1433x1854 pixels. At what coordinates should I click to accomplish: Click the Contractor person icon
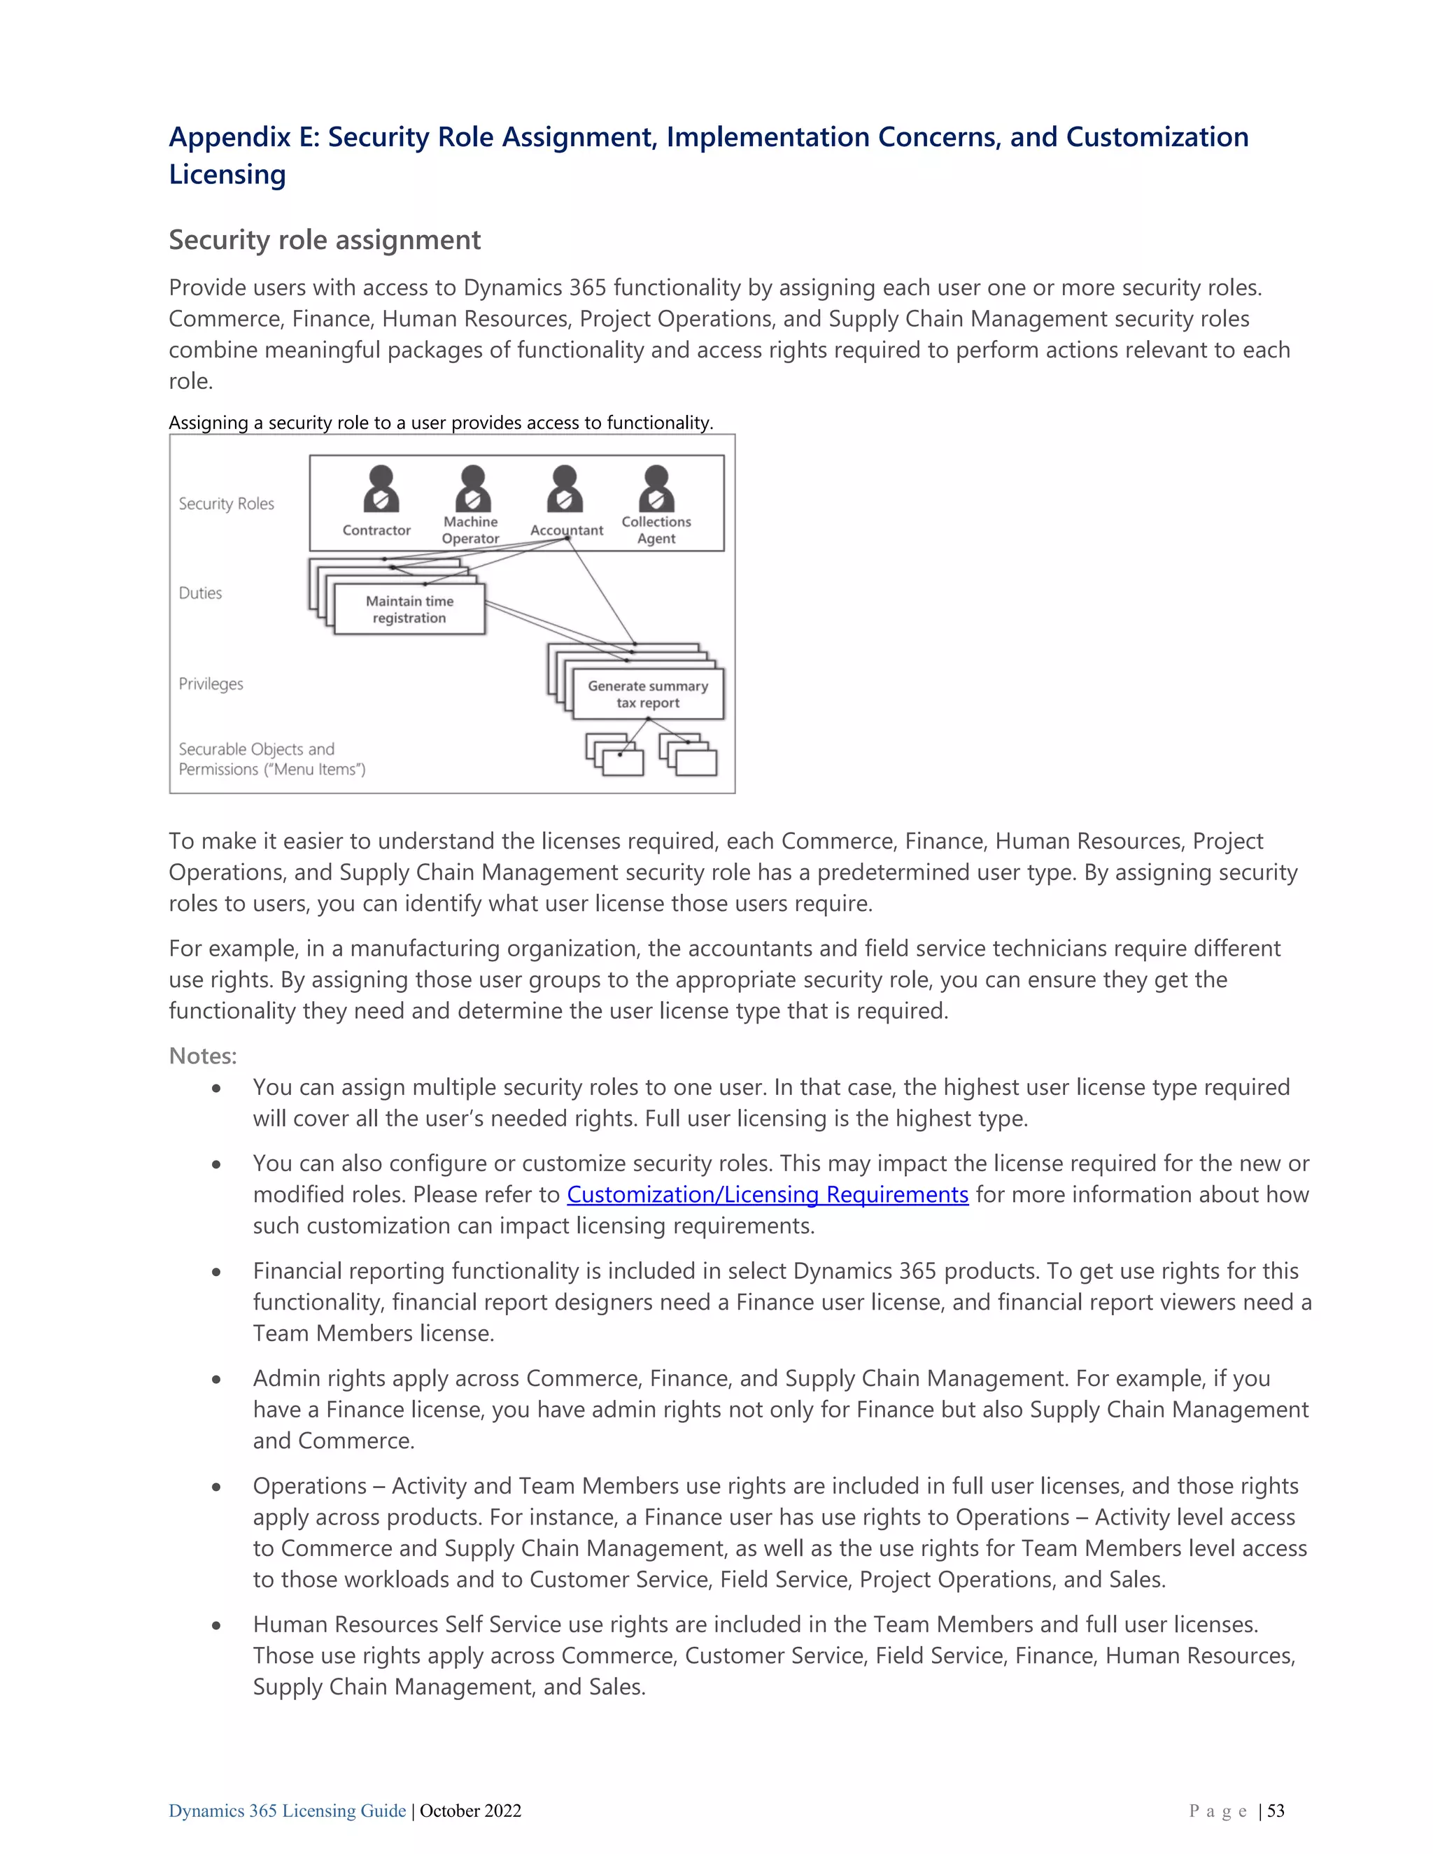(381, 489)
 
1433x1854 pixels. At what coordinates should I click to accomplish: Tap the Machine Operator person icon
(473, 489)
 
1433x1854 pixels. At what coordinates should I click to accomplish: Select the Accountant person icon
(565, 489)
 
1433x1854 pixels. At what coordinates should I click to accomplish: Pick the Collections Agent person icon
(656, 489)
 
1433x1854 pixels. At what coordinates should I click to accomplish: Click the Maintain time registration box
(410, 609)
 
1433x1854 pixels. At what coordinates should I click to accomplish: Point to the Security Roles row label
(226, 504)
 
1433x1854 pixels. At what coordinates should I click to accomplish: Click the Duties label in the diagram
(200, 593)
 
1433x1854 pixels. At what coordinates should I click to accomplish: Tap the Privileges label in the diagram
(211, 684)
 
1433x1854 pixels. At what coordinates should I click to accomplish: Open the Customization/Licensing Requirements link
(768, 1194)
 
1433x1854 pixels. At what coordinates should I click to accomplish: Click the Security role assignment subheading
(324, 240)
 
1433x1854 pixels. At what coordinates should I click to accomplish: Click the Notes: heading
(203, 1055)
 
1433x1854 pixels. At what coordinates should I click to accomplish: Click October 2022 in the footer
(470, 1811)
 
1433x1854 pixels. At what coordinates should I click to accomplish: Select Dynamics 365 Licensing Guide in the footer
(287, 1811)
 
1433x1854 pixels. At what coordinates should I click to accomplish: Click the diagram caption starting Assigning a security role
(441, 423)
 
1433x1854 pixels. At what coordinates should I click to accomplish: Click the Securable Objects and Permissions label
(271, 759)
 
